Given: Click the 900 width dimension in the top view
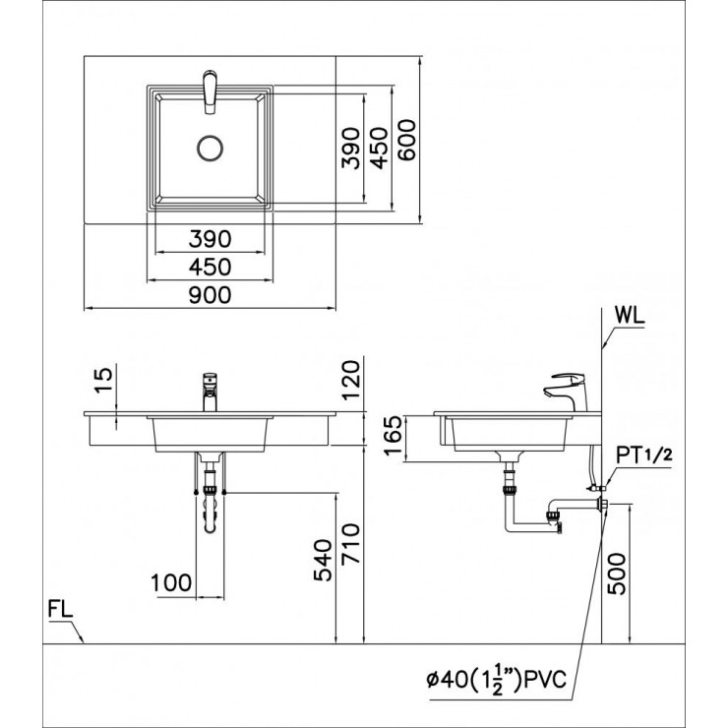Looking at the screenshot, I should [x=210, y=294].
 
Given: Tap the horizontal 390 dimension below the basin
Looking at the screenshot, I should [x=209, y=237].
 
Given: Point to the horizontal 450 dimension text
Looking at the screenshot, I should [x=209, y=266].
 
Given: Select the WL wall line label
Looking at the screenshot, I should [x=632, y=317].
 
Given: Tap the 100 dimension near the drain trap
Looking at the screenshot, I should [x=172, y=582].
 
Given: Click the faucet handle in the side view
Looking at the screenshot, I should [x=569, y=378].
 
